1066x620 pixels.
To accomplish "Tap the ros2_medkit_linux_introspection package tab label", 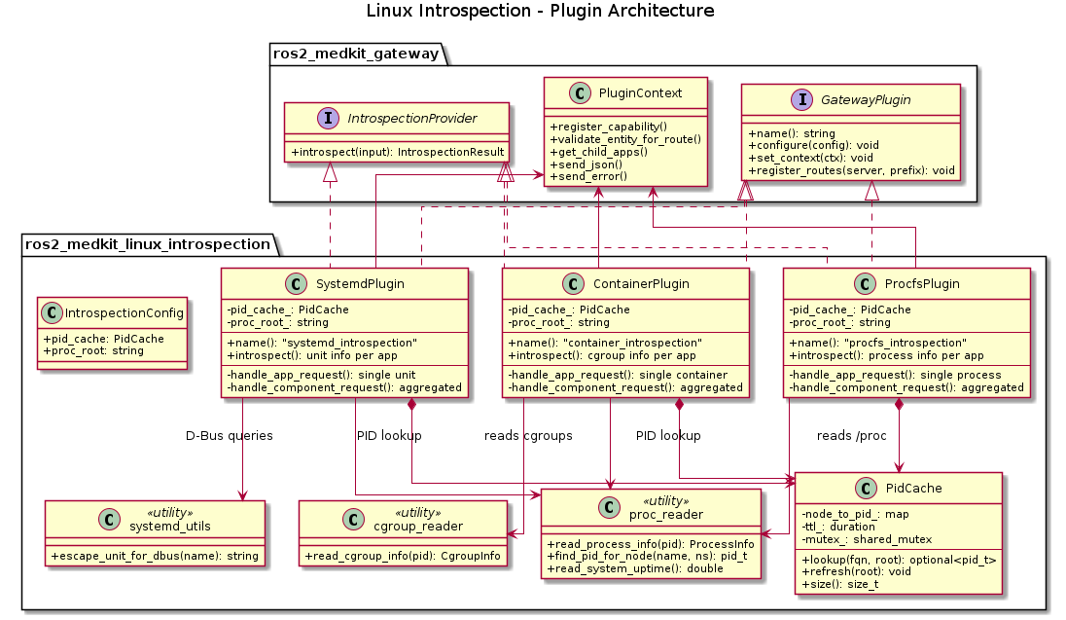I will point(146,244).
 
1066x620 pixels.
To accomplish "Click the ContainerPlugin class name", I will point(640,284).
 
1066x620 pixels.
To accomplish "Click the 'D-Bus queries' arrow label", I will point(230,435).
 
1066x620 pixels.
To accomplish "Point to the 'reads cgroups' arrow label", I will point(528,435).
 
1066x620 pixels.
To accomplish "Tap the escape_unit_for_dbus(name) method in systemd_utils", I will point(155,556).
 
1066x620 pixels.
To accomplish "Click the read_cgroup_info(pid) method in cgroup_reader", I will point(403,556).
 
